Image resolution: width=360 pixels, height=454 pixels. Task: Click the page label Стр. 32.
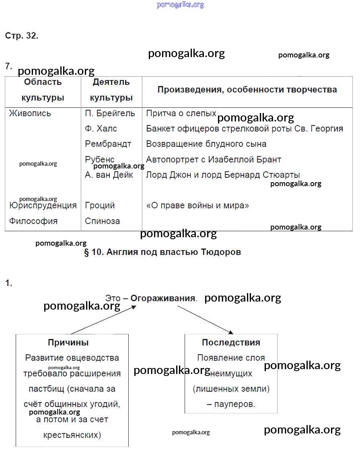[22, 35]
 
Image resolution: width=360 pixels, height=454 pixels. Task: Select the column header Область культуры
[43, 90]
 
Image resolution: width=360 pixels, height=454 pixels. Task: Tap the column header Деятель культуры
[111, 90]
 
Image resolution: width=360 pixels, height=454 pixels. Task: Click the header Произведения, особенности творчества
[247, 90]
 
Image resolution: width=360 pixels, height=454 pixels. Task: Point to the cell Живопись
[30, 113]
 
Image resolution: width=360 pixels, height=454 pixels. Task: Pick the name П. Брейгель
[110, 113]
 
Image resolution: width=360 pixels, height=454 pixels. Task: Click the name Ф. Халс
[101, 129]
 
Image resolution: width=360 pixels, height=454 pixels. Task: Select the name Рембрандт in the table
[108, 144]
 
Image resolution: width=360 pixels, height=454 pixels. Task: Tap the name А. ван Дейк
[109, 175]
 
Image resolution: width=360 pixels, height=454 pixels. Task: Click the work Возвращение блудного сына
[206, 144]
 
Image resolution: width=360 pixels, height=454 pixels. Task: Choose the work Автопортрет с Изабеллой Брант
[213, 160]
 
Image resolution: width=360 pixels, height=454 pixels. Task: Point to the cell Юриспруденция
[43, 205]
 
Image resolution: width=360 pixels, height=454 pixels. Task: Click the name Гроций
[100, 205]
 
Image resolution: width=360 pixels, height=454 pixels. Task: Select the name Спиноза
[102, 221]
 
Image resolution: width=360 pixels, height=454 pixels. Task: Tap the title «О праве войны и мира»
[197, 205]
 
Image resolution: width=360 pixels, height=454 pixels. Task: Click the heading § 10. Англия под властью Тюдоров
[163, 253]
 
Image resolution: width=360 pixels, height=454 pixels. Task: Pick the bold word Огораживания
[163, 299]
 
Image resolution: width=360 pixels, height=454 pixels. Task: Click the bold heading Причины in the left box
[68, 343]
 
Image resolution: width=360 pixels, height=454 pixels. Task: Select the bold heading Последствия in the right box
[231, 343]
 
